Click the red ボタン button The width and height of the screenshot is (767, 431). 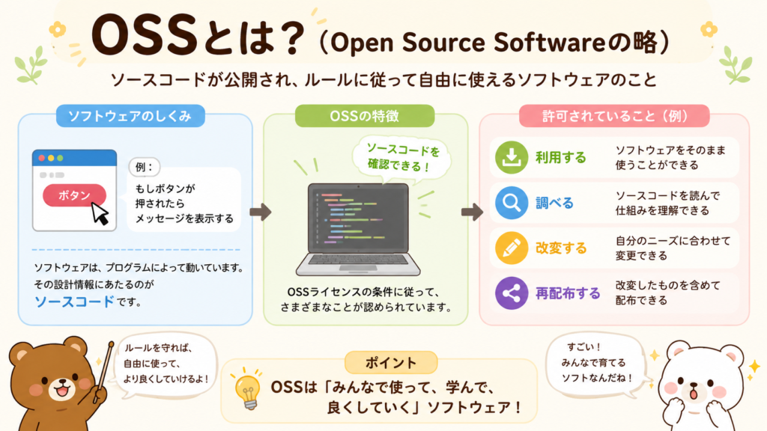tap(74, 195)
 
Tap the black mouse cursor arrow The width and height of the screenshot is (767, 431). tap(100, 213)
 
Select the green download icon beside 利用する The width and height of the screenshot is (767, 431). tap(511, 157)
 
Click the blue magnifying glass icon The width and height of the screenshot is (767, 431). tap(511, 202)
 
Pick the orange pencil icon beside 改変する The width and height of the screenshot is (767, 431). tap(511, 248)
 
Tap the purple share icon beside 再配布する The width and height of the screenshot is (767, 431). tap(511, 293)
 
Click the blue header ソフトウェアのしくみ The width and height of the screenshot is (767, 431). tap(130, 116)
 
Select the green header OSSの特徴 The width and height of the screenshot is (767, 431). tap(365, 116)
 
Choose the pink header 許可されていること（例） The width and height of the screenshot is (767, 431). tap(614, 116)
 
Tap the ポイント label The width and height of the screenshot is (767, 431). tap(391, 363)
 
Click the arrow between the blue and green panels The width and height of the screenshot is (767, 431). tap(260, 212)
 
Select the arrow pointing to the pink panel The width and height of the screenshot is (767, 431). tap(472, 212)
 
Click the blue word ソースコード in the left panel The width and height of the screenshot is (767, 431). tap(74, 302)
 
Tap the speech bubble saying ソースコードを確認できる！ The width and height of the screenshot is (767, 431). tap(402, 157)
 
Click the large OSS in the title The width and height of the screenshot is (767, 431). tap(145, 37)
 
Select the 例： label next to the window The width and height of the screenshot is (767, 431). tap(145, 167)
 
